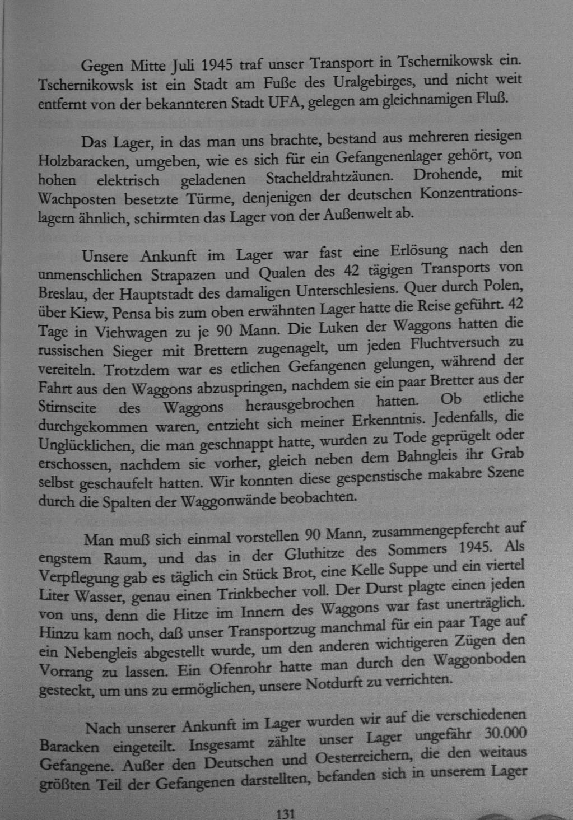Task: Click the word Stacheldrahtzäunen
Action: point(329,178)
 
